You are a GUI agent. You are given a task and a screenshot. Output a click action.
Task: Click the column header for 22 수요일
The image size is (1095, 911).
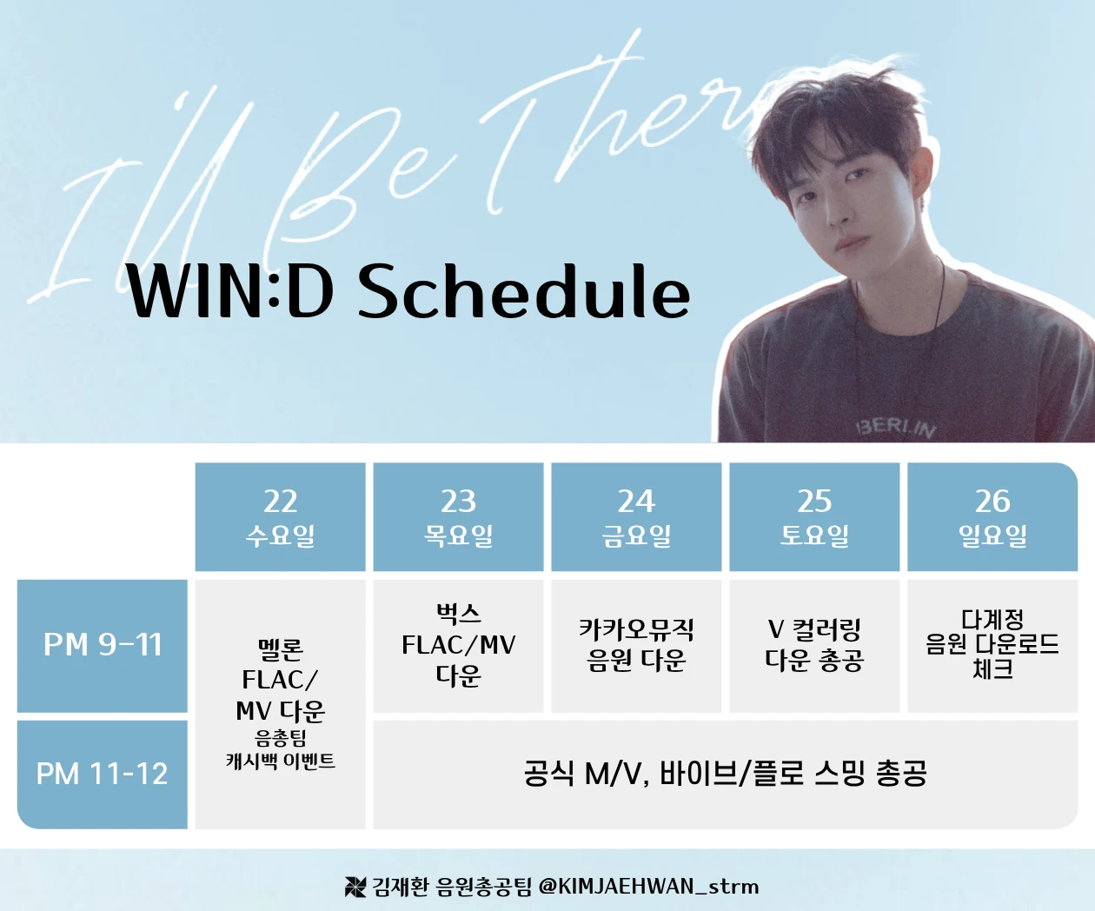click(x=280, y=516)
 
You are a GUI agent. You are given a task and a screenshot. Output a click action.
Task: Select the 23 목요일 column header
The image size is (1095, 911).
click(x=458, y=516)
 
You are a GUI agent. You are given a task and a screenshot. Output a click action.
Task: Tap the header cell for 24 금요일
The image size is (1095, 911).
click(x=636, y=516)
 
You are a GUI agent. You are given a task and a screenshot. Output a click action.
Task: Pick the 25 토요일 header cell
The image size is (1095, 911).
click(x=814, y=516)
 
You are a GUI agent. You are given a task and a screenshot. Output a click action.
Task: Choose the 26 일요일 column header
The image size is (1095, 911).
click(x=992, y=516)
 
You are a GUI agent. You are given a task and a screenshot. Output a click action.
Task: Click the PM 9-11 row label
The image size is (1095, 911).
click(x=103, y=646)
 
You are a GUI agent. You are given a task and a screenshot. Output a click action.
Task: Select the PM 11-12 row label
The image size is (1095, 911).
click(x=103, y=775)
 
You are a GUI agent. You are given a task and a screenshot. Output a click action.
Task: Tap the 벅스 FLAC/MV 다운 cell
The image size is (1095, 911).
click(x=458, y=646)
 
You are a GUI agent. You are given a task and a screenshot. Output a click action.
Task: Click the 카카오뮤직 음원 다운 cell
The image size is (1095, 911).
click(x=636, y=646)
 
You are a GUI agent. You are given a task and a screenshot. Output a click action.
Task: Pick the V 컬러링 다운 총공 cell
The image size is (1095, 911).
click(x=814, y=646)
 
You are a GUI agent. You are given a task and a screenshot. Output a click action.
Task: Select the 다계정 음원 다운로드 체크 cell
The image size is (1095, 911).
click(x=992, y=646)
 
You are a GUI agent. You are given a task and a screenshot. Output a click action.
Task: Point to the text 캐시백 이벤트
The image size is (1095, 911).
click(x=280, y=761)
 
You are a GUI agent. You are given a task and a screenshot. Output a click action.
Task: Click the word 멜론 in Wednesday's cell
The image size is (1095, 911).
click(x=280, y=650)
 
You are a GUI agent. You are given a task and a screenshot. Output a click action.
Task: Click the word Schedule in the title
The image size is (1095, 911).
click(x=524, y=291)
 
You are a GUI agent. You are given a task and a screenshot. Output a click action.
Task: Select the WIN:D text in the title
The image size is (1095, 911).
click(x=229, y=291)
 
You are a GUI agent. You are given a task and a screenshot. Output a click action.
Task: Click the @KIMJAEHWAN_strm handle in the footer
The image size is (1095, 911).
click(x=648, y=887)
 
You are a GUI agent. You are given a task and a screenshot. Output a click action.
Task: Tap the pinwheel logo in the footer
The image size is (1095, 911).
click(x=355, y=887)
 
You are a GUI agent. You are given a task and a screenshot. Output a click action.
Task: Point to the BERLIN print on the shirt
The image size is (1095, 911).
click(x=896, y=428)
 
